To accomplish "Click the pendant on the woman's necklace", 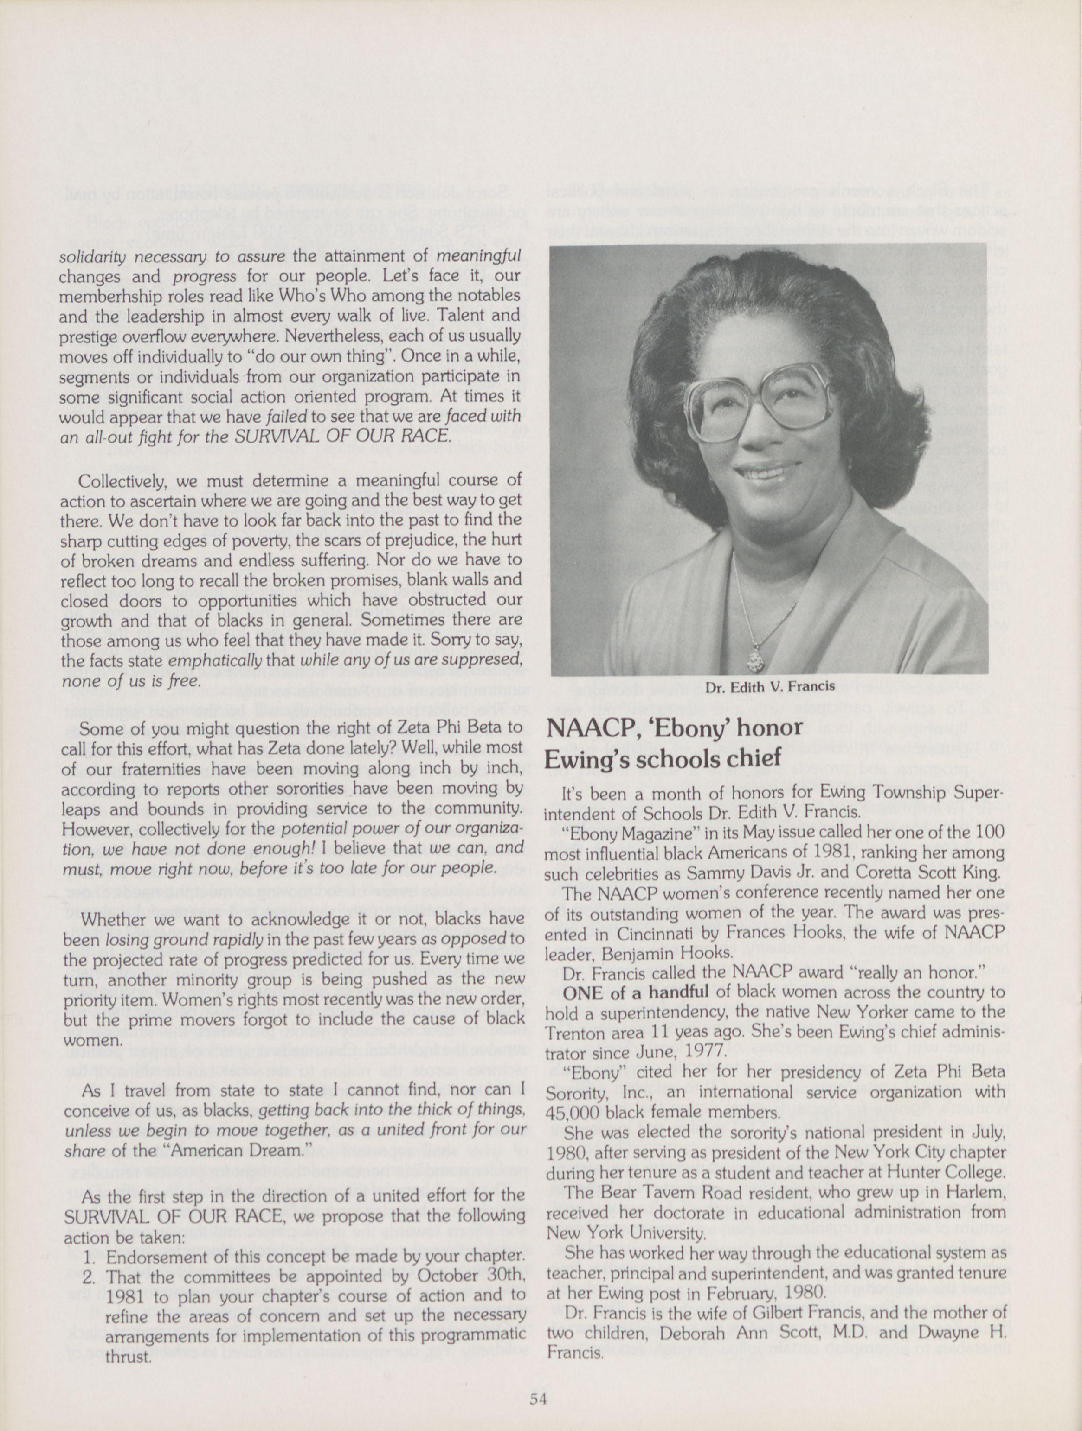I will coord(753,659).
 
